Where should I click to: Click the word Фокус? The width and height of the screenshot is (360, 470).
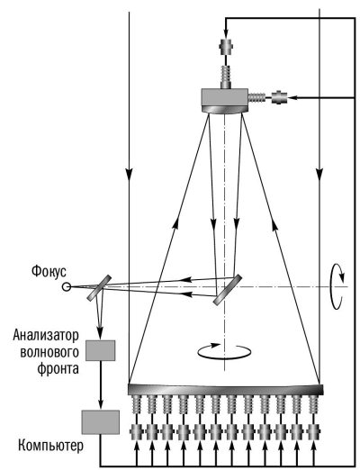click(x=49, y=272)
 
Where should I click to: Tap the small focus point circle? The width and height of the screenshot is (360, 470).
click(x=66, y=287)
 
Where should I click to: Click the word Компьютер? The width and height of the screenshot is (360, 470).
click(x=50, y=446)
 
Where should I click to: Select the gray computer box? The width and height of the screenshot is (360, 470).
click(x=101, y=422)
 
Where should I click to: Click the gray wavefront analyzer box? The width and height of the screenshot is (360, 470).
click(x=101, y=350)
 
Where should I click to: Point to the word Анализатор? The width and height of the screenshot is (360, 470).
click(x=46, y=335)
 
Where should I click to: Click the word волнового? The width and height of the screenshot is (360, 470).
click(x=49, y=352)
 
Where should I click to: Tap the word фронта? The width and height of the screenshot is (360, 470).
click(x=58, y=369)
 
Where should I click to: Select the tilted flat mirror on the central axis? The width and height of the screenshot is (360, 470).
click(x=228, y=290)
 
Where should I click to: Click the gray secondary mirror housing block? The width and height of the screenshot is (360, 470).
click(x=225, y=97)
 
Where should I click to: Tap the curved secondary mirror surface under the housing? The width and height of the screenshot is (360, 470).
click(x=225, y=110)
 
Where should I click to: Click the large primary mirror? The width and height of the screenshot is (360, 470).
click(x=226, y=389)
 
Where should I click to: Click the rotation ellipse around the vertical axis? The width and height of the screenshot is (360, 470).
click(x=224, y=351)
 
